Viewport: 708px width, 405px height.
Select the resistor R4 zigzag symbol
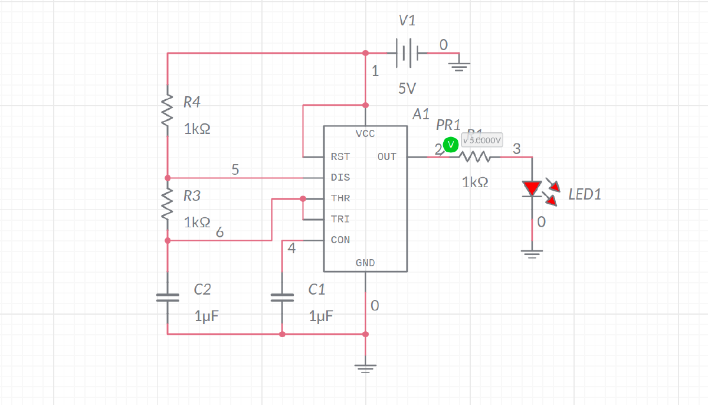[x=168, y=110]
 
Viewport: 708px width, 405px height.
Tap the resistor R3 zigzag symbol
[x=168, y=204]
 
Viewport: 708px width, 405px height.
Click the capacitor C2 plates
[x=168, y=297]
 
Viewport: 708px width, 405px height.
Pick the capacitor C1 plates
[x=282, y=297]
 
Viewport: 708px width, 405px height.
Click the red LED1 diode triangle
[x=532, y=188]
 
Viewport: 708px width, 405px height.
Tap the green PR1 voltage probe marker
[x=451, y=144]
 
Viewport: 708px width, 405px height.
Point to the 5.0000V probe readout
[x=482, y=141]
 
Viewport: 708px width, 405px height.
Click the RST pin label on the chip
[x=340, y=157]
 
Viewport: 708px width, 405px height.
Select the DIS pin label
[x=340, y=178]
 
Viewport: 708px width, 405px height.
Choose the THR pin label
[x=340, y=198]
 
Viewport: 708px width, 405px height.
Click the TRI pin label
[x=340, y=219]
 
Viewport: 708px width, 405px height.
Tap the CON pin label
[x=340, y=240]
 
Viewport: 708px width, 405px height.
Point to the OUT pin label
[x=387, y=157]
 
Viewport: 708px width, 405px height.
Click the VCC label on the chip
[x=365, y=134]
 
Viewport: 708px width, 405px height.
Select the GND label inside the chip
[x=365, y=263]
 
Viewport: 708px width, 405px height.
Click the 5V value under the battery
[x=407, y=89]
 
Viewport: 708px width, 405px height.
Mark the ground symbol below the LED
[x=532, y=254]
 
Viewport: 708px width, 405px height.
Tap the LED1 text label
[x=585, y=194]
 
